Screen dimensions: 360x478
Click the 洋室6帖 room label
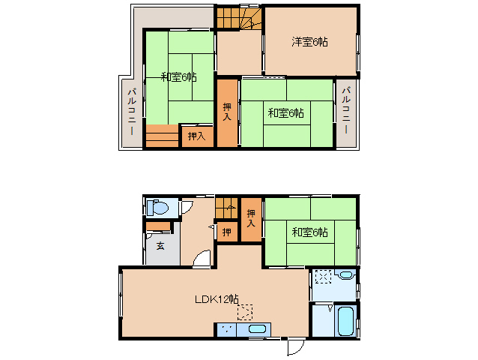pyautogui.click(x=309, y=42)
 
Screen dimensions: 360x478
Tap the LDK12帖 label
pyautogui.click(x=217, y=298)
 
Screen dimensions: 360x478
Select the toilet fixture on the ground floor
pyautogui.click(x=159, y=207)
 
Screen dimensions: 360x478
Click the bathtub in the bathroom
pyautogui.click(x=345, y=320)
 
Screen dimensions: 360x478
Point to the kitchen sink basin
pyautogui.click(x=257, y=328)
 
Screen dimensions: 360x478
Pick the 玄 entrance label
pyautogui.click(x=160, y=245)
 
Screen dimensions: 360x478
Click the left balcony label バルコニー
pyautogui.click(x=131, y=111)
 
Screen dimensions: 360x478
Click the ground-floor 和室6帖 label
pyautogui.click(x=309, y=232)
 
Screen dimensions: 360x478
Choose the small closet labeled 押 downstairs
pyautogui.click(x=227, y=232)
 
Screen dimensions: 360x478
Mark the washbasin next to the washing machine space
pyautogui.click(x=345, y=275)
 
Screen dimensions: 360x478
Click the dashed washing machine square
pyautogui.click(x=324, y=277)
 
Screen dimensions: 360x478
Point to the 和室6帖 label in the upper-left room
pyautogui.click(x=178, y=76)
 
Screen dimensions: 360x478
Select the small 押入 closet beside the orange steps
pyautogui.click(x=196, y=136)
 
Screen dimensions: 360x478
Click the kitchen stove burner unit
pyautogui.click(x=227, y=328)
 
